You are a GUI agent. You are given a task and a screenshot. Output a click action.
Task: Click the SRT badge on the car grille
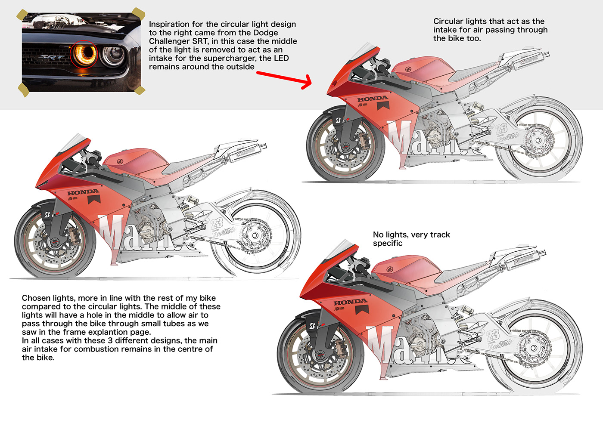(x=52, y=57)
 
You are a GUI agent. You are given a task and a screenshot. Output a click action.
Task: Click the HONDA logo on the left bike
(x=83, y=192)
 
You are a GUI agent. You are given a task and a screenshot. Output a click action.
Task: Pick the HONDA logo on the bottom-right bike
(x=350, y=303)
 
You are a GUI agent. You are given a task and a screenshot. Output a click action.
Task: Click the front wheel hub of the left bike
(x=54, y=243)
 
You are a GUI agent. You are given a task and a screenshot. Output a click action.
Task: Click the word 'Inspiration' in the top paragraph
(x=169, y=25)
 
